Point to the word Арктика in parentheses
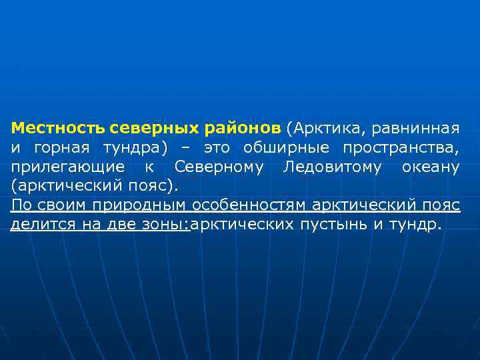324,127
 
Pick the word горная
57,147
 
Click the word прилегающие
67,166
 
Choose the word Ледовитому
333,166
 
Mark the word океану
431,166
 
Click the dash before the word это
186,147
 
